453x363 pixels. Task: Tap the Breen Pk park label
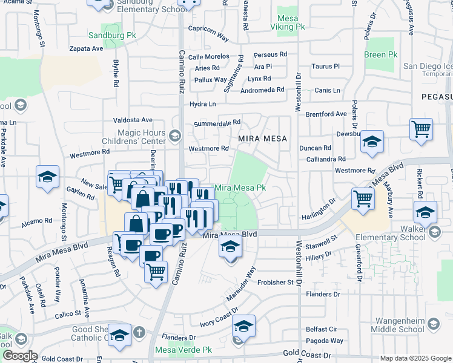point(381,54)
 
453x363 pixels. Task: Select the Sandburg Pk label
point(112,36)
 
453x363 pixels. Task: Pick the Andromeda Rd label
point(262,90)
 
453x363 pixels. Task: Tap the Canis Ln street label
point(328,91)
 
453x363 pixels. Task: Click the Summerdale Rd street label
point(217,123)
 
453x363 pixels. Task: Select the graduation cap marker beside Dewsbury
point(372,143)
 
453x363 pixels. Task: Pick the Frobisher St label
point(275,282)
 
